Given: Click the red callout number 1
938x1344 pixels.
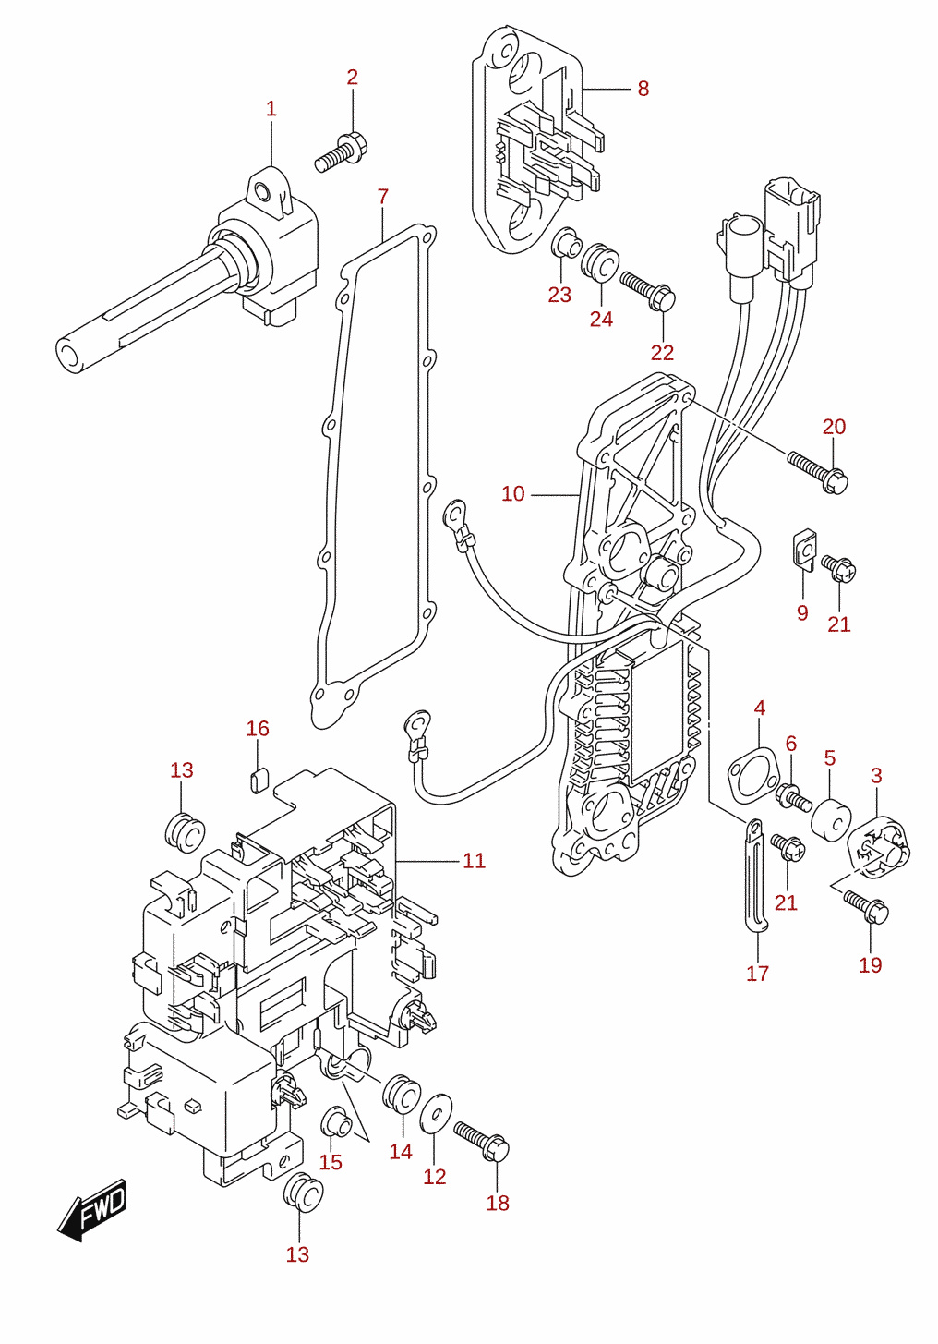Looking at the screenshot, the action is click(x=271, y=109).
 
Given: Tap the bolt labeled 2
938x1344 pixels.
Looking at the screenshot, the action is click(x=342, y=152).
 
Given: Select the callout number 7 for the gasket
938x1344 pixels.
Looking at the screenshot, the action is click(x=383, y=197).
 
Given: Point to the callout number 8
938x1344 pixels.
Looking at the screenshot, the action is click(x=643, y=89).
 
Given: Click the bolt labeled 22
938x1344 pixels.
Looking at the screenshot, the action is click(x=648, y=290).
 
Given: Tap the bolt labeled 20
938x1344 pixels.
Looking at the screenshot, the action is click(x=817, y=473).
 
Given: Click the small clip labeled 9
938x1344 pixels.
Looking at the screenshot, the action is click(x=803, y=549).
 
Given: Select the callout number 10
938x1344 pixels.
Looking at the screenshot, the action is click(x=512, y=494).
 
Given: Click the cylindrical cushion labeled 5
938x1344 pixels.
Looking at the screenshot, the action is click(x=831, y=819).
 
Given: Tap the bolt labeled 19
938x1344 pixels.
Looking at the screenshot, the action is click(x=865, y=906).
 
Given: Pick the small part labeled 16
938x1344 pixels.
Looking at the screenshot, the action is click(x=258, y=780).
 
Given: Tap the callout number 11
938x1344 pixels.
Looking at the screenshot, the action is click(x=474, y=862).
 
